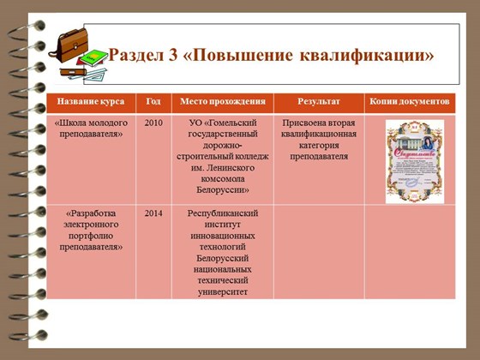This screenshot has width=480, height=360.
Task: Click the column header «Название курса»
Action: click(x=90, y=102)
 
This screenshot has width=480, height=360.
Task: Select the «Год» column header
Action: click(x=153, y=102)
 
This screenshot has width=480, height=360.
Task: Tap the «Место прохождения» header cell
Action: click(x=222, y=102)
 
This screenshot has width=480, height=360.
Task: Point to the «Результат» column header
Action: click(x=318, y=102)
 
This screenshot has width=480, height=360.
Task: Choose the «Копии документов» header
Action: click(x=410, y=102)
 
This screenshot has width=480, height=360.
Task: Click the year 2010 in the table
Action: click(x=153, y=123)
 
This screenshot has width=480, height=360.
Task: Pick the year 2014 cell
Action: click(x=153, y=213)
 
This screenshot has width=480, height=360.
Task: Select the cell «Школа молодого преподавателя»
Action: click(x=90, y=129)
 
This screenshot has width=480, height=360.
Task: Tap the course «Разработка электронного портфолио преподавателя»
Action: click(x=90, y=230)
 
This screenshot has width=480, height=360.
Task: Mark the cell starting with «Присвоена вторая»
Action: click(x=319, y=140)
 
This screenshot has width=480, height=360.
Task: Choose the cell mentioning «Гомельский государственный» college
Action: click(x=222, y=156)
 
